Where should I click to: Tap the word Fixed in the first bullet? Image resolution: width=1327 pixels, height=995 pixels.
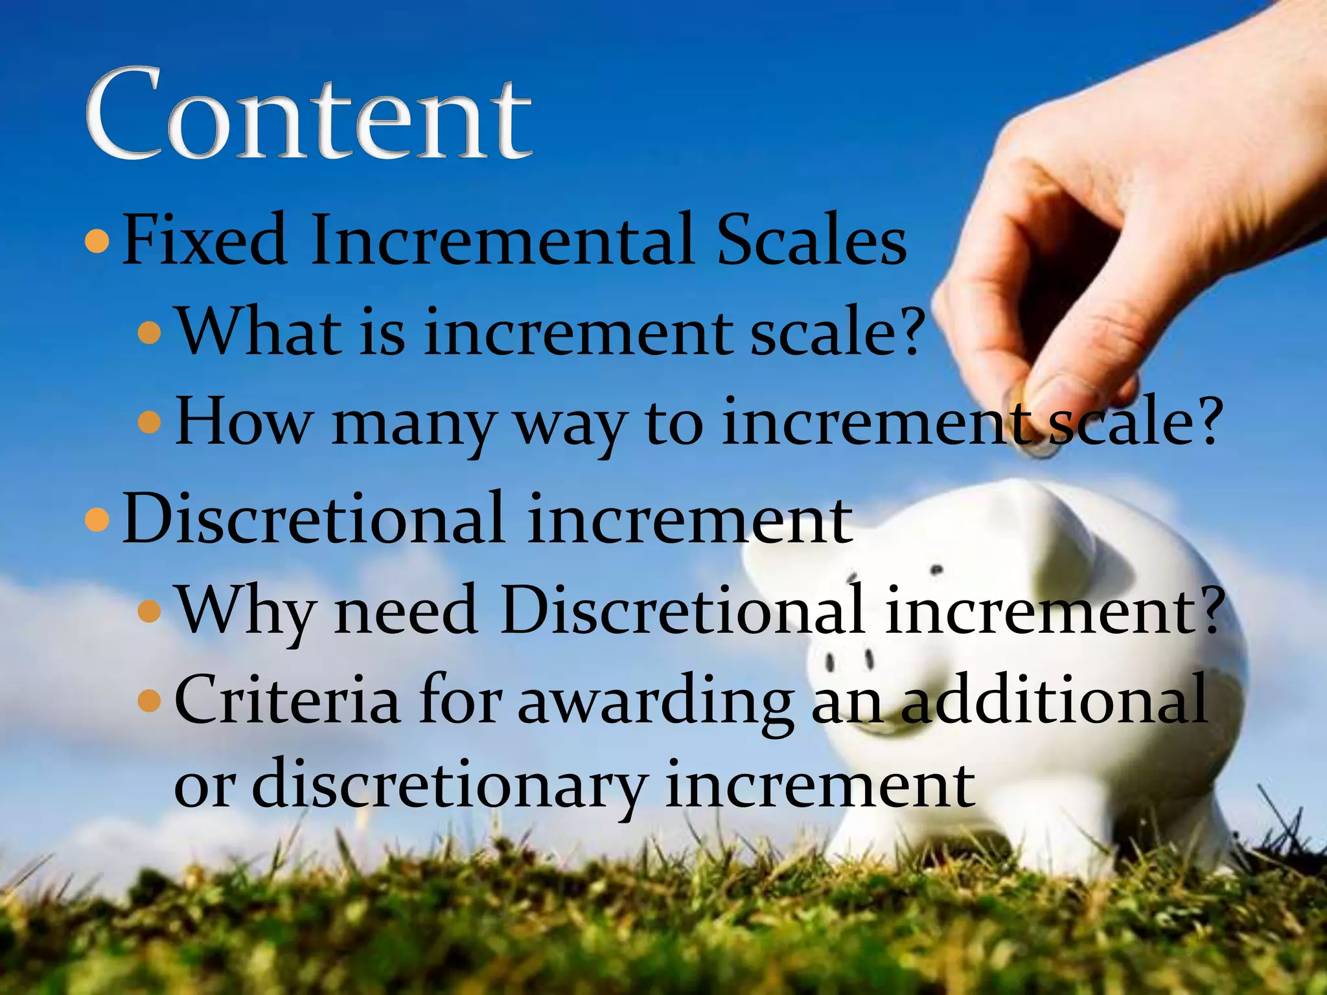coord(204,240)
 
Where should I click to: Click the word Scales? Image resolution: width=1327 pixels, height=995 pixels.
coord(812,240)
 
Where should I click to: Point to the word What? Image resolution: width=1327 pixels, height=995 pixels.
coord(259,331)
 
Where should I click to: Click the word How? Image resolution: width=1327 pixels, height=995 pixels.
coord(243,422)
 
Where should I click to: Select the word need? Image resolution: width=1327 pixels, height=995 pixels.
coord(406,610)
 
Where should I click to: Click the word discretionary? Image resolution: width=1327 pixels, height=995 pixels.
coord(448,786)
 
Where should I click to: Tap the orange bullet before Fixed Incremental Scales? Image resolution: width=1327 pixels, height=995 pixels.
coord(97,241)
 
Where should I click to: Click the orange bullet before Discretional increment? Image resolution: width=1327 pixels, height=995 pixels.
coord(97,520)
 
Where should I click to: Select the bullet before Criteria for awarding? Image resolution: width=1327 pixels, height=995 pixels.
coord(150,700)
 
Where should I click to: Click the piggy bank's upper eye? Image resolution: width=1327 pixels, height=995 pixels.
coord(936,571)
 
